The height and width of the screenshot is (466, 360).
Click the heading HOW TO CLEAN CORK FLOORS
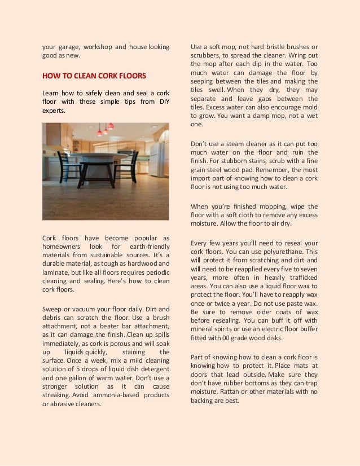pyautogui.click(x=94, y=76)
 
